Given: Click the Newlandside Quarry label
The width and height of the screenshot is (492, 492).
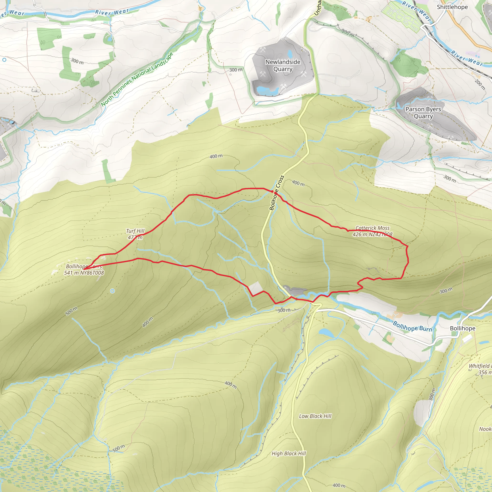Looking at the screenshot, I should (x=283, y=65).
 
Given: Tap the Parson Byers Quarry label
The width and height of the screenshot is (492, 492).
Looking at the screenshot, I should (x=423, y=113).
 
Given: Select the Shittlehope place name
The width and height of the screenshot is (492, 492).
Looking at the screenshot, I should (x=452, y=7).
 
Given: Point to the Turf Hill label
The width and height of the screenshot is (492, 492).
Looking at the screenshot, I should (x=135, y=231).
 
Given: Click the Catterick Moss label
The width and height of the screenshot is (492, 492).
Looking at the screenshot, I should (x=372, y=228).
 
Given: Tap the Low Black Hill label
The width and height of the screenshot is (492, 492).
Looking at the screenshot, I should (x=315, y=416).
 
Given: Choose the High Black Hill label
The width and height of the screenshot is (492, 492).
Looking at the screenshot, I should (x=289, y=454).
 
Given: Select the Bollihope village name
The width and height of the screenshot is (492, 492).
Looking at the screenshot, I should (x=462, y=328).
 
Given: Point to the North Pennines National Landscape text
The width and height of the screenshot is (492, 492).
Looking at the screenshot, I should (x=137, y=79).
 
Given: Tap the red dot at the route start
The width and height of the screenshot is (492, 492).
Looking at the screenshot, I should (x=272, y=191).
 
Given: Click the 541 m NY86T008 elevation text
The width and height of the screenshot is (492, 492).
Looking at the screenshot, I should (x=84, y=273).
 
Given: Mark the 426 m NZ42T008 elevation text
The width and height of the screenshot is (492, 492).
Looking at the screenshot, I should (x=372, y=234).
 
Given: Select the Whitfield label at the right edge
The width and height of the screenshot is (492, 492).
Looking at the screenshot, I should (x=480, y=366).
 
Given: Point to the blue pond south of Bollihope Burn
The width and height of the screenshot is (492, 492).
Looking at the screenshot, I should (x=326, y=332).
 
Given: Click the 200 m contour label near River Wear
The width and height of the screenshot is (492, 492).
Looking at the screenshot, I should (x=480, y=84).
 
